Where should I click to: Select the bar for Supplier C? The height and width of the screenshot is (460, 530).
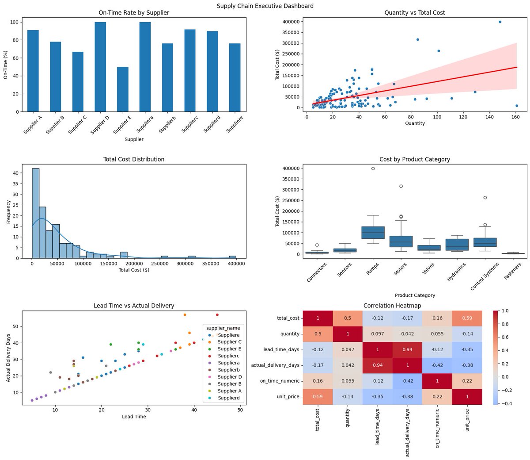(78, 82)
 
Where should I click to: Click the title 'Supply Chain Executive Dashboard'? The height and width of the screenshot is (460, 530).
(265, 6)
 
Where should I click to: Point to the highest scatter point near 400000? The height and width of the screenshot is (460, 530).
(500, 22)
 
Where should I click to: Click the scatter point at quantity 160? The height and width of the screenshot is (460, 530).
(517, 106)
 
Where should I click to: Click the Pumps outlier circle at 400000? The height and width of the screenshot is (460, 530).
(373, 169)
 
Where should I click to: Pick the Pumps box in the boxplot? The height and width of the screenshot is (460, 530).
(373, 232)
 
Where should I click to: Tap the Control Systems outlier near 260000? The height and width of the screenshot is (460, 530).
(485, 198)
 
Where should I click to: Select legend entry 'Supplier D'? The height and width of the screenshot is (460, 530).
(230, 377)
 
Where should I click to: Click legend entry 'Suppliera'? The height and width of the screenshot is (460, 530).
(228, 363)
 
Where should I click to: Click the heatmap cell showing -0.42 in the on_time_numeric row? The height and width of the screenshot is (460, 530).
(407, 381)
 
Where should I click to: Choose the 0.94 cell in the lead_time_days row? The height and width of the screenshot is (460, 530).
(407, 349)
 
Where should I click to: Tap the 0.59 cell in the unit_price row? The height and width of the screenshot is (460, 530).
(317, 397)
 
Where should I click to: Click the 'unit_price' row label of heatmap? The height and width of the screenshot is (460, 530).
(288, 397)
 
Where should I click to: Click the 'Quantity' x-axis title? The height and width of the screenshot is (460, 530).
(415, 123)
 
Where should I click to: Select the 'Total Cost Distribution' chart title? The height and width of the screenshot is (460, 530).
(134, 159)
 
